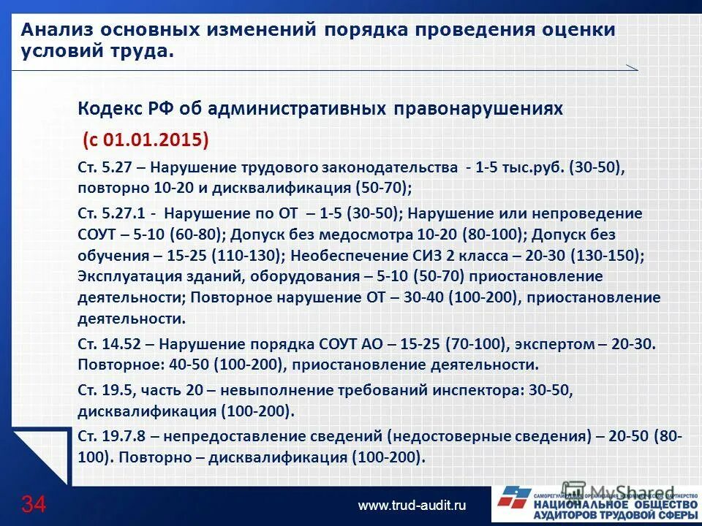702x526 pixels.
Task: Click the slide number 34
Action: (x=33, y=503)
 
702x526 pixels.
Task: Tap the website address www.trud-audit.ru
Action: (x=412, y=505)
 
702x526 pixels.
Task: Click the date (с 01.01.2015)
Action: (x=146, y=140)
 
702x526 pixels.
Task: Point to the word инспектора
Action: (x=482, y=390)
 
